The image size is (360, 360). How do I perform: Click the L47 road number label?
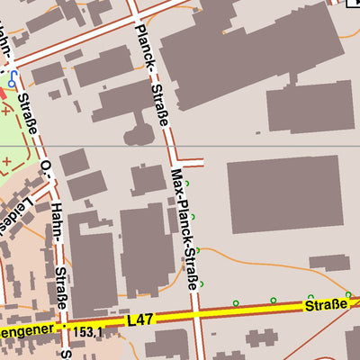click(140, 319)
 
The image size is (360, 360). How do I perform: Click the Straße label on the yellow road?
click(325, 306)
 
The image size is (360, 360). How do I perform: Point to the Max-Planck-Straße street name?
click(184, 229)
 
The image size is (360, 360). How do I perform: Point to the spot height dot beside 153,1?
click(63, 328)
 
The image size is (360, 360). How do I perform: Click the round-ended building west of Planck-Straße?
click(137, 135)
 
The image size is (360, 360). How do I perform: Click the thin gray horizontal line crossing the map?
click(270, 145)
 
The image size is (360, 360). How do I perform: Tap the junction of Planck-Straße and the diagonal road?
click(135, 17)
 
